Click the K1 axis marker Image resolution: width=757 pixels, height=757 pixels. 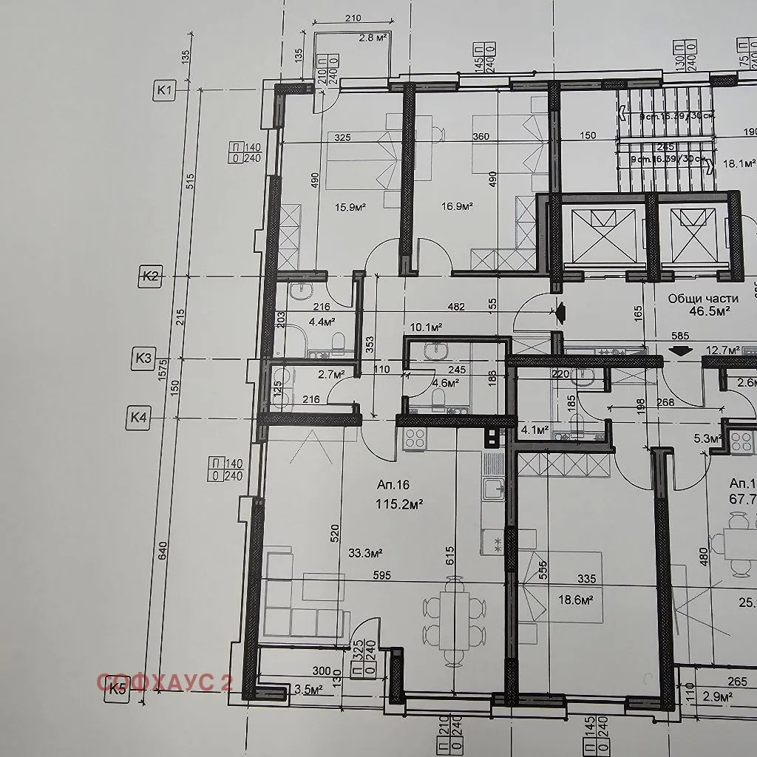(x=164, y=91)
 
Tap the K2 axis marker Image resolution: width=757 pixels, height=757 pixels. (x=150, y=277)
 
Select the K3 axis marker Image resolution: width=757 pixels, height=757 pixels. (x=143, y=359)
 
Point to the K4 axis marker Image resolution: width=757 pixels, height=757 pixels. (x=138, y=417)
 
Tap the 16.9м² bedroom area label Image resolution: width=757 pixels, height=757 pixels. (x=456, y=207)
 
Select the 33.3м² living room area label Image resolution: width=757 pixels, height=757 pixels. (x=365, y=553)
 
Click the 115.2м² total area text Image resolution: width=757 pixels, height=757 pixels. (x=400, y=505)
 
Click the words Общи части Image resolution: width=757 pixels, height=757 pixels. (x=703, y=299)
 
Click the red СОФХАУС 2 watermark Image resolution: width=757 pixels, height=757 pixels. (x=165, y=682)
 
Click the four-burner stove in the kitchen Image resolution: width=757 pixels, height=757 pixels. (x=415, y=438)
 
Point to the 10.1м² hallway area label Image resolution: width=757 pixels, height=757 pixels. (x=426, y=327)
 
